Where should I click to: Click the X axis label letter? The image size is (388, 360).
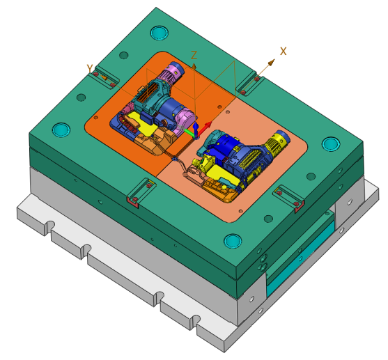tap(284, 52)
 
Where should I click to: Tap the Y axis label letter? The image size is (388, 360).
tap(90, 68)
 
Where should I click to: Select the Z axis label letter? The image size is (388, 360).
tap(194, 55)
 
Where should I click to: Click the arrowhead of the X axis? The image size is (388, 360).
tap(272, 62)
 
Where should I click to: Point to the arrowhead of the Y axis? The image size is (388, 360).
tap(104, 77)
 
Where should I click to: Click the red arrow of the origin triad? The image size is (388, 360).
tap(205, 128)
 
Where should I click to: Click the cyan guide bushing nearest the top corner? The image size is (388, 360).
tap(160, 33)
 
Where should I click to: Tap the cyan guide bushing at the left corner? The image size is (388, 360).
tap(61, 130)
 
